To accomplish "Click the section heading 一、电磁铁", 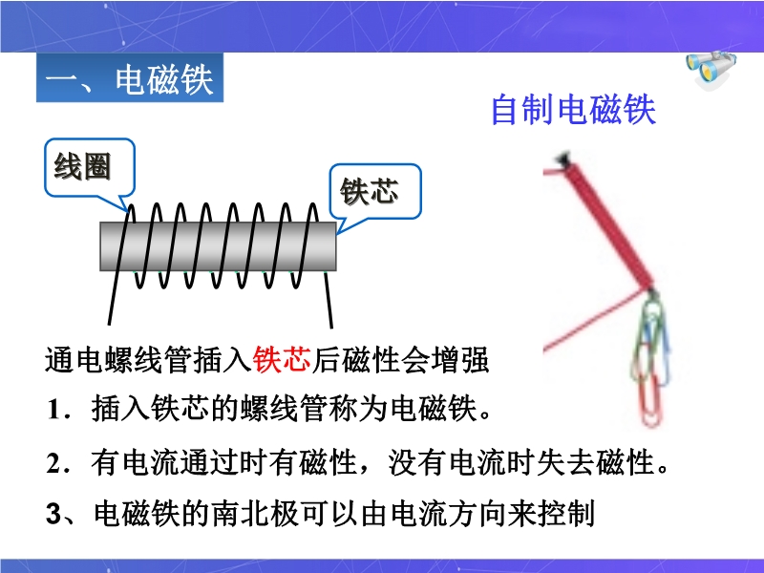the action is click(130, 78).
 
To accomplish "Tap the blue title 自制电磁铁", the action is click(573, 110).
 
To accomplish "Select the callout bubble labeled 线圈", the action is click(89, 168).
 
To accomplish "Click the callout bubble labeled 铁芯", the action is click(374, 192).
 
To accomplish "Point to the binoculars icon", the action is click(711, 67).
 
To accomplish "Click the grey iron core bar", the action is click(218, 246).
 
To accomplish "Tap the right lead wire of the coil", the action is click(329, 299).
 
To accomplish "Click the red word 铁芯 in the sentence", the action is click(282, 360).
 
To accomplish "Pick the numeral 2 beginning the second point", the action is click(53, 462).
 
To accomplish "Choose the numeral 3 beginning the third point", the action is click(53, 514).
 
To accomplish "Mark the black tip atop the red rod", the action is click(563, 158).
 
